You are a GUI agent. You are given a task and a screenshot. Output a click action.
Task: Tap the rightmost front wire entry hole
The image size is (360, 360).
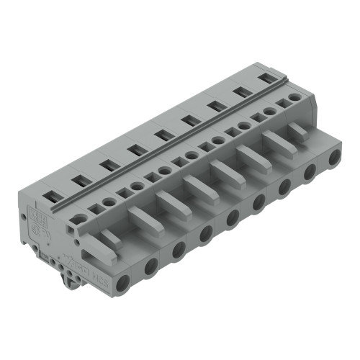[335, 158]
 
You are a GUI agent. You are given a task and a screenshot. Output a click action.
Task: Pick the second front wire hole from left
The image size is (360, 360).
[150, 265]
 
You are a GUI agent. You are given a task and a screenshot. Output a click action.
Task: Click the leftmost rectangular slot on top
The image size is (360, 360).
[53, 194]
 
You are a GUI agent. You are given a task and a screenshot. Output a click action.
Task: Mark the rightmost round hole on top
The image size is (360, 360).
[294, 96]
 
